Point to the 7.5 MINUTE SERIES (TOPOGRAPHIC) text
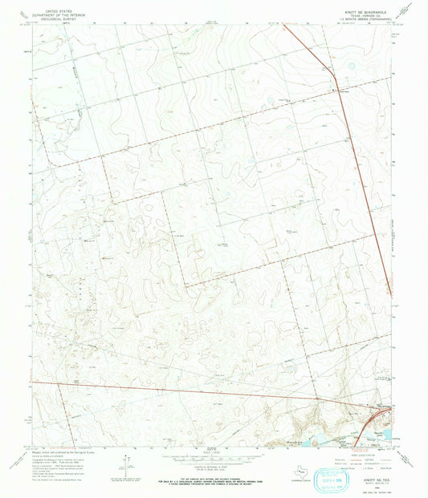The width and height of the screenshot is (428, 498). [353, 18]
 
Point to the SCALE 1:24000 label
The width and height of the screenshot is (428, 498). [213, 453]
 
